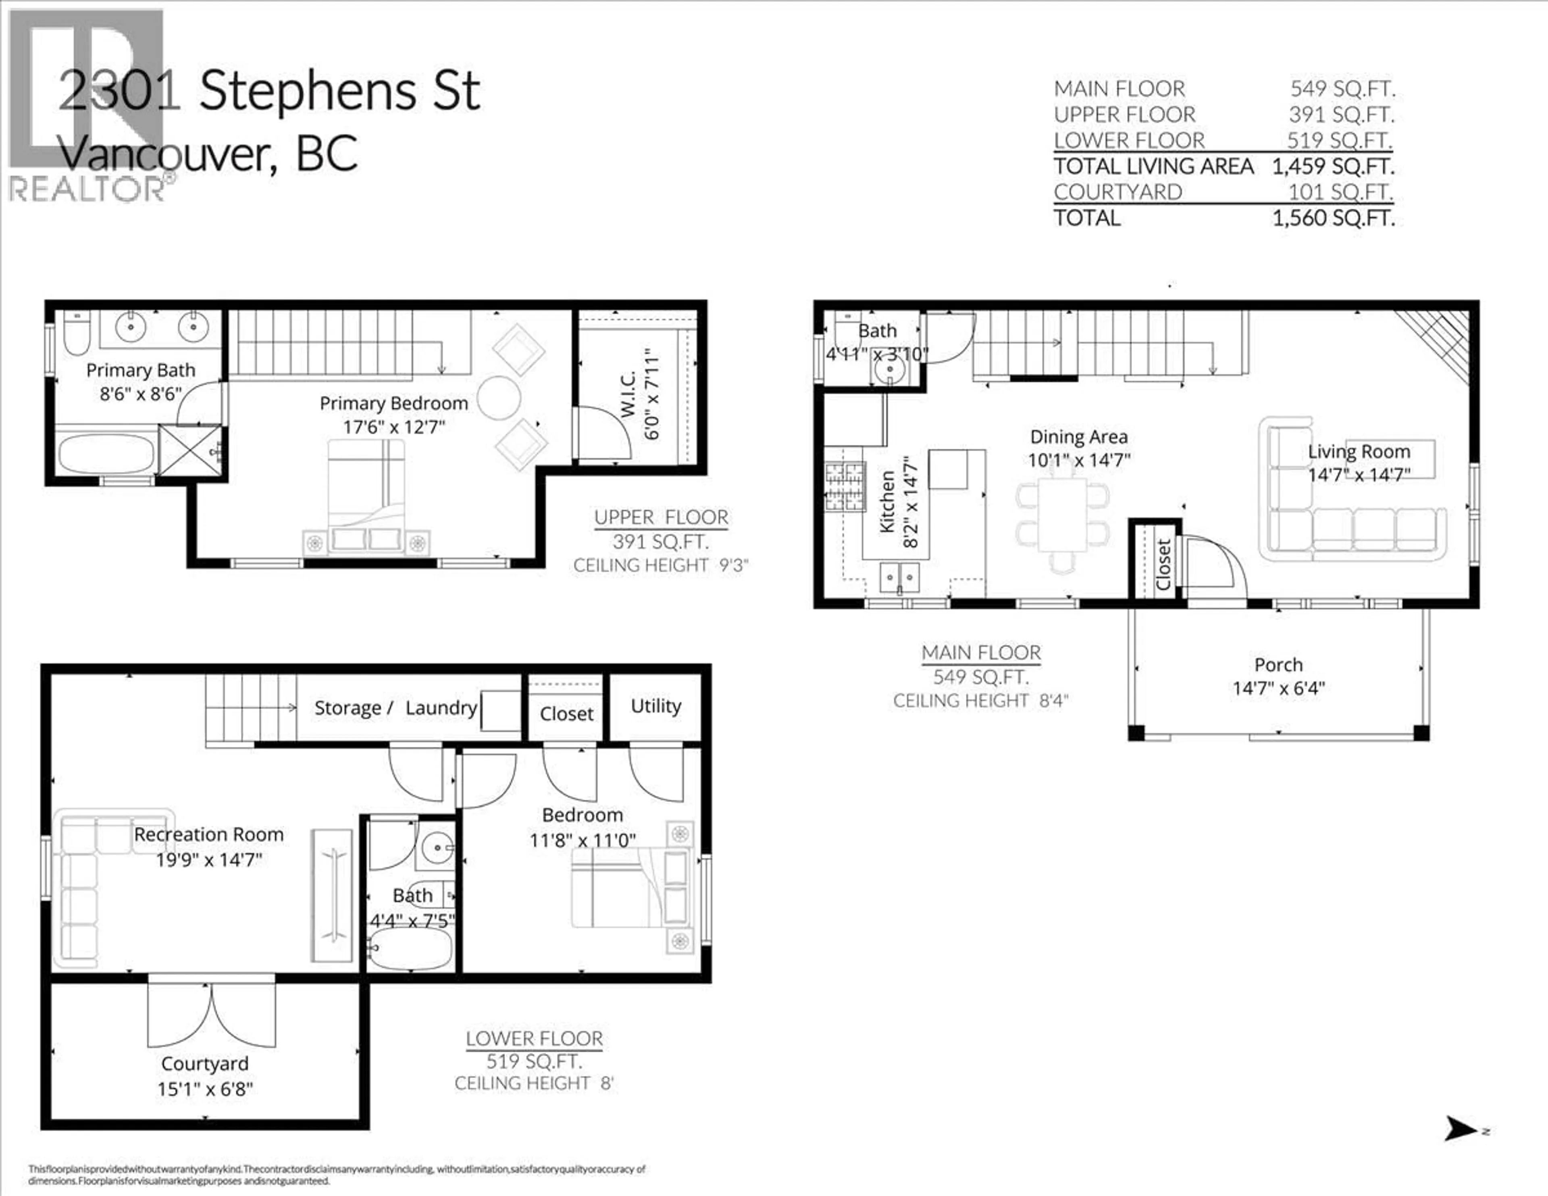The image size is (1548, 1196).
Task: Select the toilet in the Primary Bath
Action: coord(76,335)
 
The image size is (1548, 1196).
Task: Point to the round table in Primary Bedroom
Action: coord(499,398)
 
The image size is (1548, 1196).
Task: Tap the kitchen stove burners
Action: coord(844,486)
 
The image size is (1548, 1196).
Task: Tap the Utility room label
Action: coord(655,706)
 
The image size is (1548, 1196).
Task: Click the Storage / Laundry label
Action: coord(395,708)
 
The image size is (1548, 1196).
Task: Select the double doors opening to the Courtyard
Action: coord(211,1013)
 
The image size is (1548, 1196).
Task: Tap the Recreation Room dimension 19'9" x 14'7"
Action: coord(209,860)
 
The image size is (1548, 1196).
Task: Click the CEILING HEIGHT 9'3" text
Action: coord(661,566)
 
